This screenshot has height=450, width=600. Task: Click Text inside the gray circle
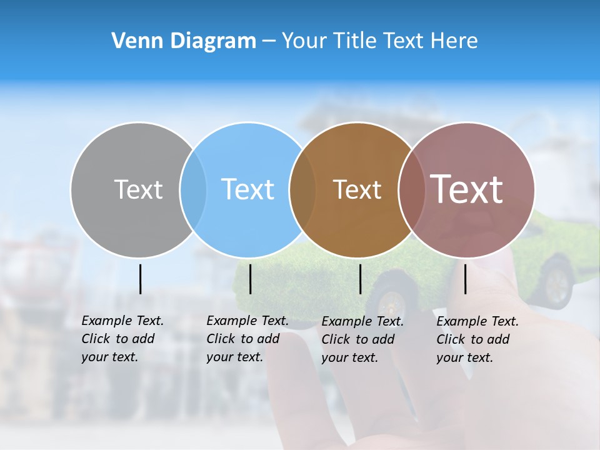[x=138, y=189]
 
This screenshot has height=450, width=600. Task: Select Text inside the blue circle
[x=247, y=189]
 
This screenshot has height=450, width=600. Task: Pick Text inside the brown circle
[x=357, y=189]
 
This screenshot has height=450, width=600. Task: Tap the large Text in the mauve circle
[x=467, y=189]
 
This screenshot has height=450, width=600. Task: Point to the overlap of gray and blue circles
[x=193, y=189]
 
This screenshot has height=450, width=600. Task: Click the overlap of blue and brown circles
[x=302, y=189]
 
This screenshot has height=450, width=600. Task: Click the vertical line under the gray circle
[x=140, y=279]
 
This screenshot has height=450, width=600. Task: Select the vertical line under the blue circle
[x=250, y=279]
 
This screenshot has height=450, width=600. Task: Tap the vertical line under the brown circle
[x=360, y=279]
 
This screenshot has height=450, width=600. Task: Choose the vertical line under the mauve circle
[x=465, y=279]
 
